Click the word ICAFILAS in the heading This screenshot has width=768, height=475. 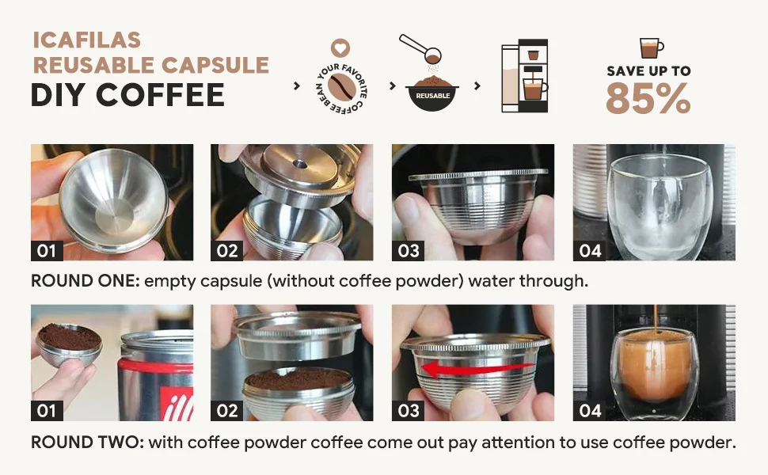point(86,40)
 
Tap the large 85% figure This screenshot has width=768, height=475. point(648,98)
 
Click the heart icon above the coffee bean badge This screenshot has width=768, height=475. point(340,48)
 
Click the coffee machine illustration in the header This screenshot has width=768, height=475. point(525,75)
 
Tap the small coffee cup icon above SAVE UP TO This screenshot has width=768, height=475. point(652,48)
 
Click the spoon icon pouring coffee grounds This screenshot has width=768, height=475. point(420,48)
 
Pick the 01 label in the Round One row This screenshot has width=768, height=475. point(47,251)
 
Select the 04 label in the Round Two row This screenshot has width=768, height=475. point(590,411)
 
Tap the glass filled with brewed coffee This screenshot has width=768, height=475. point(654,373)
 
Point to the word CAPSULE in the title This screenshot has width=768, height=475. point(215,65)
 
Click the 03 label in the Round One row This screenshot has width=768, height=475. point(409,251)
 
